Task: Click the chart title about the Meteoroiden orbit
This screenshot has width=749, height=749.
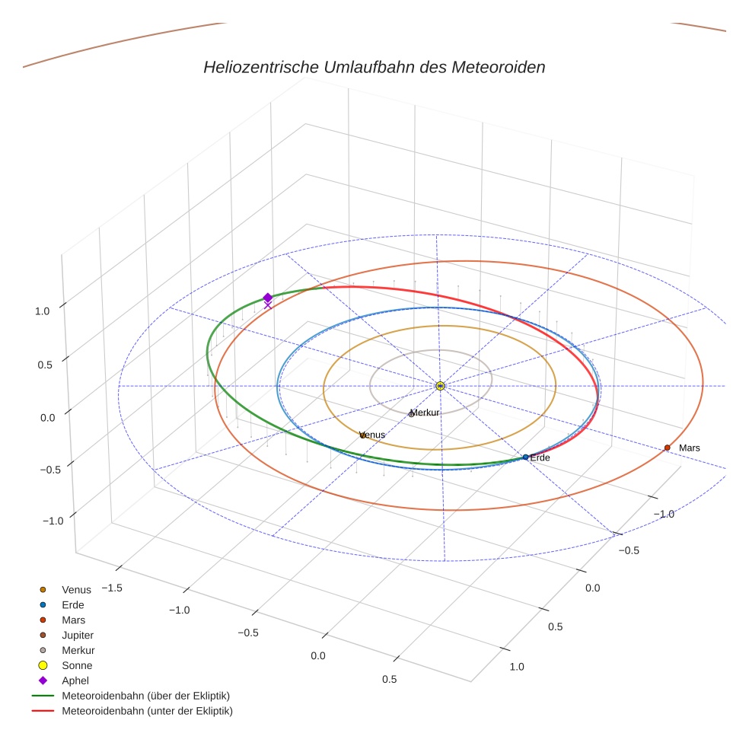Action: tap(374, 67)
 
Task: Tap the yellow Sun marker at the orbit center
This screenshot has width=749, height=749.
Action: tap(440, 386)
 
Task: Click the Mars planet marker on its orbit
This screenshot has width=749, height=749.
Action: tap(667, 448)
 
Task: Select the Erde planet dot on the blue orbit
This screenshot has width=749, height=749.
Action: tap(525, 457)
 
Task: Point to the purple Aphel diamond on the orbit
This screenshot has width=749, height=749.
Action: tap(267, 298)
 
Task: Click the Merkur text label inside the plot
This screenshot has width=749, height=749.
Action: tap(425, 413)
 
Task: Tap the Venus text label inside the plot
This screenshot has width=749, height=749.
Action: tap(372, 435)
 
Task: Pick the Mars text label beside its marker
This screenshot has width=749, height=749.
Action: tap(689, 448)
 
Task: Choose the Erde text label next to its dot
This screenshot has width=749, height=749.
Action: tap(540, 457)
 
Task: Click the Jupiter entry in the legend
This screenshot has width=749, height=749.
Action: tap(78, 635)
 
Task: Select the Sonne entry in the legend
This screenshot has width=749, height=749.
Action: tap(77, 665)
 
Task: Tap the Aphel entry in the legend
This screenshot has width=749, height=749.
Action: tap(75, 680)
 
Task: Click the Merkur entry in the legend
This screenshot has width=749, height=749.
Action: tap(78, 650)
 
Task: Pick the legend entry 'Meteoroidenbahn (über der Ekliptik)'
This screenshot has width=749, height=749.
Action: tap(145, 696)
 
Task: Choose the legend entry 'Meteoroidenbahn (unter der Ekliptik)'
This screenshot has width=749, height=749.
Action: tap(147, 711)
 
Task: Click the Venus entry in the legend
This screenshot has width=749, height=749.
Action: tap(76, 589)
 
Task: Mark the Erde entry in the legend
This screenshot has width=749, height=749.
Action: tap(73, 604)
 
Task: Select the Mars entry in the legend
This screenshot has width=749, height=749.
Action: tap(73, 620)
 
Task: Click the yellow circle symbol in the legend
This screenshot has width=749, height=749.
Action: tap(43, 665)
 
